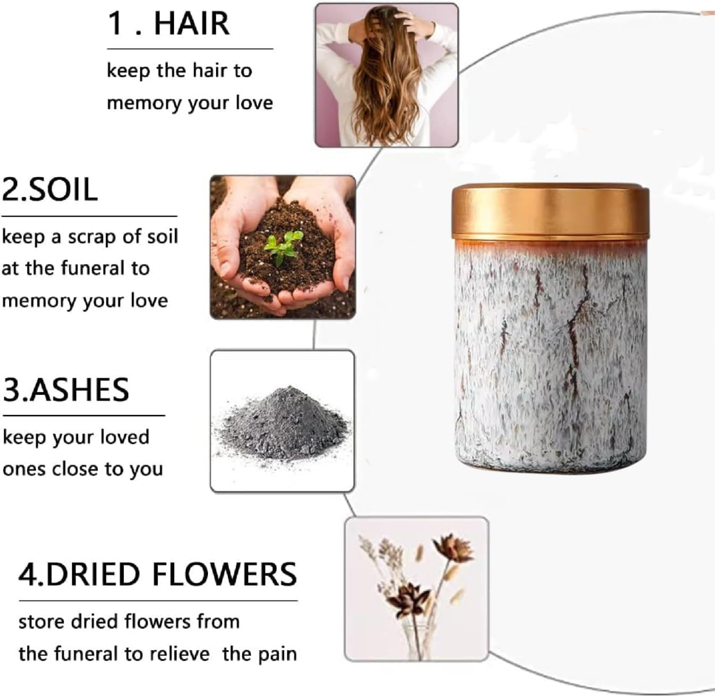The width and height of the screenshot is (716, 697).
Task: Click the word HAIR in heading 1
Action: (x=192, y=23)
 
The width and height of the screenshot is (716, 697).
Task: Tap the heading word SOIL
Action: (x=63, y=189)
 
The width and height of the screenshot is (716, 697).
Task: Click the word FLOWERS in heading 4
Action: (x=224, y=574)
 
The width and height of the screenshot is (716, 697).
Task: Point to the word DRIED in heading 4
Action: (x=94, y=574)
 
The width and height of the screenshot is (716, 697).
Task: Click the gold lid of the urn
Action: (x=550, y=212)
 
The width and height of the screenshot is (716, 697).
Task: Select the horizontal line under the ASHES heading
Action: (x=84, y=416)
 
